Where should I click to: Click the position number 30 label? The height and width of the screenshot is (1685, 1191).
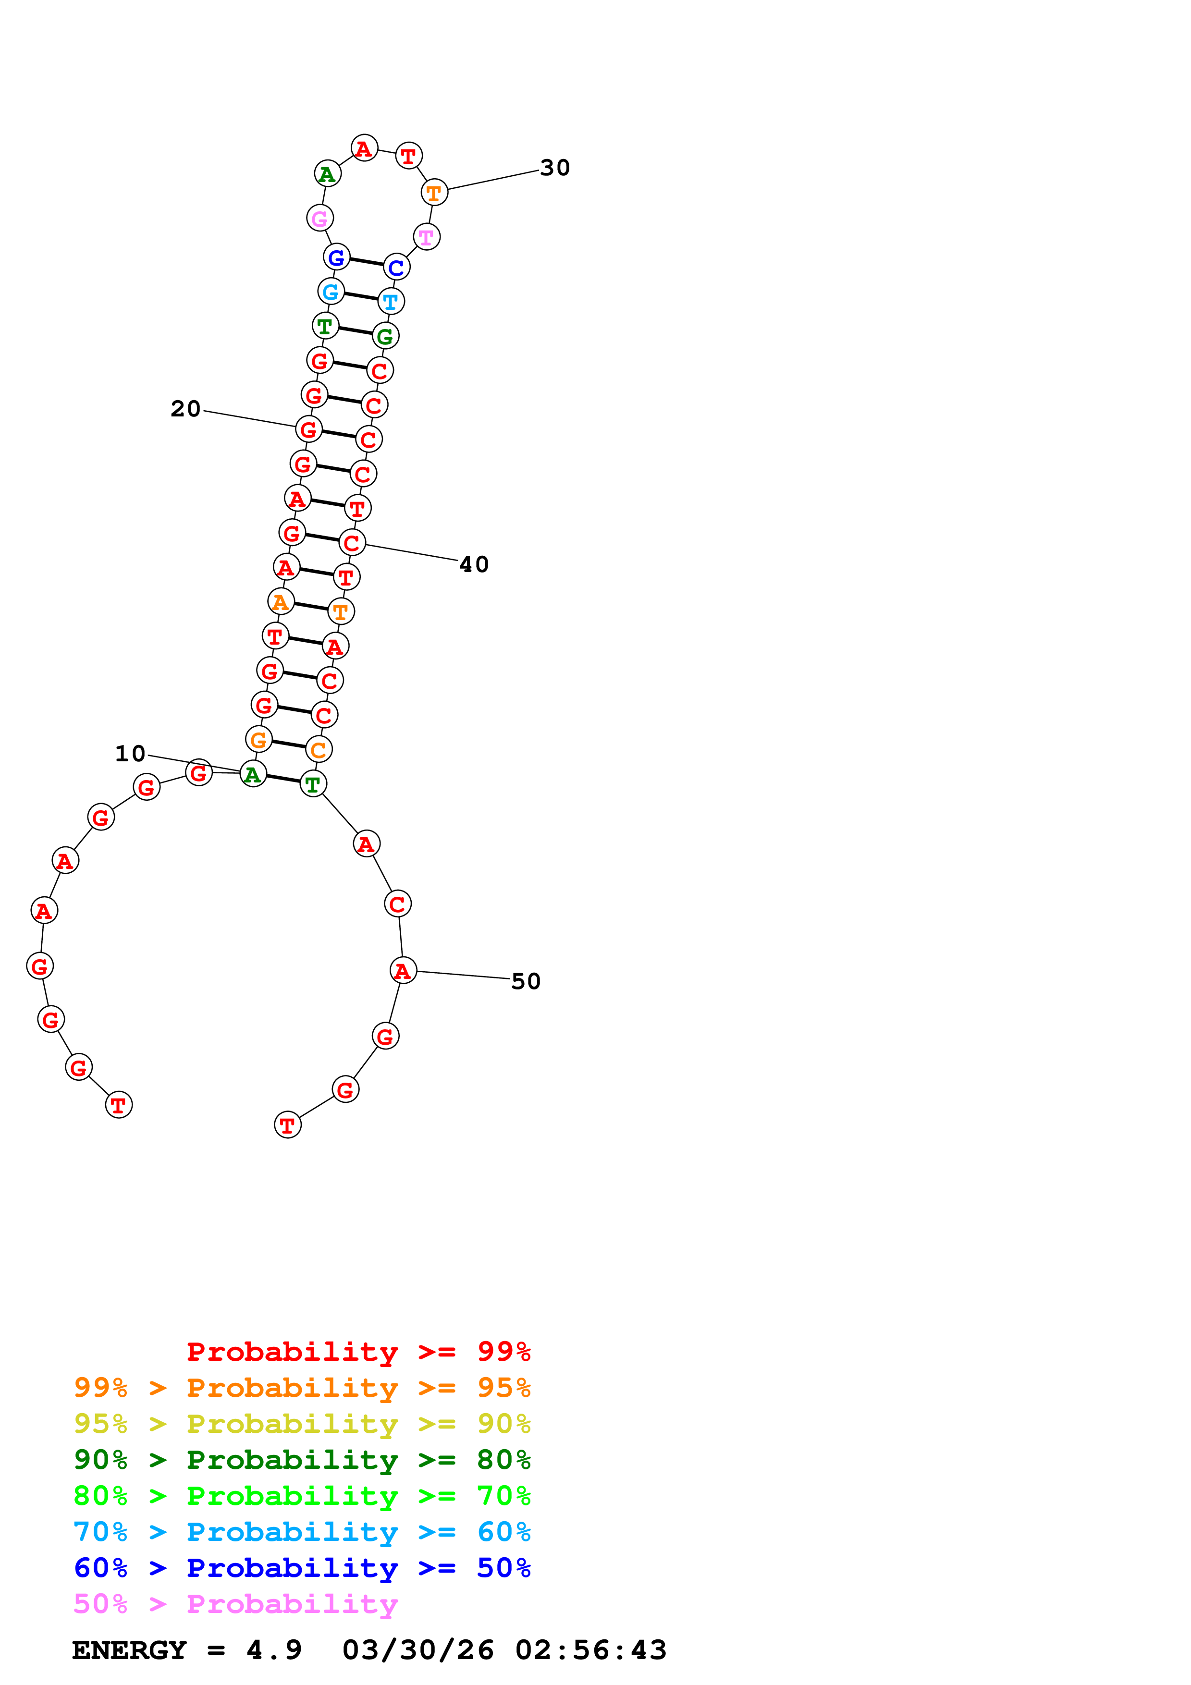(555, 168)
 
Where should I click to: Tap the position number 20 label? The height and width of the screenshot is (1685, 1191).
(185, 409)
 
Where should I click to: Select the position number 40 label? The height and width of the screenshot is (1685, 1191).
(474, 564)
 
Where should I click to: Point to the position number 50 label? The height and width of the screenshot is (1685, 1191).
(526, 981)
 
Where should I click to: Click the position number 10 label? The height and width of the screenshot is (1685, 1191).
(131, 754)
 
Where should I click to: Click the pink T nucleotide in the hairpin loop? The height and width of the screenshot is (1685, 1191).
(426, 237)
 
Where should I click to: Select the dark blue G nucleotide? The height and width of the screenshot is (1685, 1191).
(337, 257)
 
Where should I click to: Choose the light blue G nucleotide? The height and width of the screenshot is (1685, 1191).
(331, 292)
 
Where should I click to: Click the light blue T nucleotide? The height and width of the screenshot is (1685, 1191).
(391, 301)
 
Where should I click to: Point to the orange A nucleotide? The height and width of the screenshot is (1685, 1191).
(280, 602)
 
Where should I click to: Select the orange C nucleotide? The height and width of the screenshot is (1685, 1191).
(319, 749)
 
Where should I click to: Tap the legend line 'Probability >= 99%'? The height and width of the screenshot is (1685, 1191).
(359, 1352)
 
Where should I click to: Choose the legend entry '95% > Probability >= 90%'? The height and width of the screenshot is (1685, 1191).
(302, 1424)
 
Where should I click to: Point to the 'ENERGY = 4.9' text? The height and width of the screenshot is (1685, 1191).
(186, 1650)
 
